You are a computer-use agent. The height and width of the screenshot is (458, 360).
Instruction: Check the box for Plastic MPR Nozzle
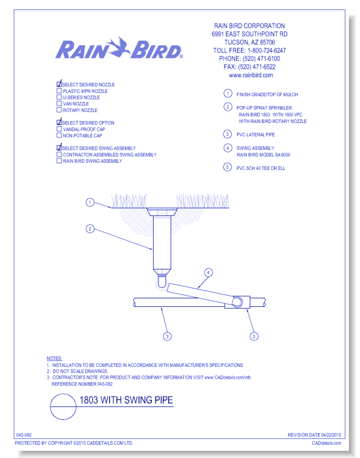(59, 91)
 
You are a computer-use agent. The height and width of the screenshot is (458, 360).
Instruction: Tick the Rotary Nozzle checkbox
(59, 110)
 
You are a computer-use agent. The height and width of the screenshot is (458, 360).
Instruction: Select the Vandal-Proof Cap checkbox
(59, 129)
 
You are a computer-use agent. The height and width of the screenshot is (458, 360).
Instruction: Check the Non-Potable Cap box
(59, 135)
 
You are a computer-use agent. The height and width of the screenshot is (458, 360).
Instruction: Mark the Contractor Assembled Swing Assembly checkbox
(59, 154)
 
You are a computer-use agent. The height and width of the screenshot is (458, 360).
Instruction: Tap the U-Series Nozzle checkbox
(59, 97)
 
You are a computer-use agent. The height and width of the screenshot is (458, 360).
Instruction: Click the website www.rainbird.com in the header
(251, 75)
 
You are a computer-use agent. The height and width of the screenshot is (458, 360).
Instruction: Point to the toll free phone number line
(249, 50)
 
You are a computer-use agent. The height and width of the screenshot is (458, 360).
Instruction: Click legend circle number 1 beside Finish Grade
(228, 94)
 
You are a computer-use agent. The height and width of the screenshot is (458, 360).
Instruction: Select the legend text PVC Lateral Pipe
(256, 135)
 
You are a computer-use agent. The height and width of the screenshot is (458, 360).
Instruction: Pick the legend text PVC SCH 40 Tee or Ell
(261, 168)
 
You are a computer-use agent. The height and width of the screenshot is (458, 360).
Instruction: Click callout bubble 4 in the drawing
(208, 273)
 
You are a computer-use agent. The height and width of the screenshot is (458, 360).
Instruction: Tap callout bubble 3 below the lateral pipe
(167, 336)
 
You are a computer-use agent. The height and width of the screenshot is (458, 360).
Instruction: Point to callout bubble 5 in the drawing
(254, 336)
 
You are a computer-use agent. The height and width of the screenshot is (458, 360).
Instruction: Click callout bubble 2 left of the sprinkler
(90, 229)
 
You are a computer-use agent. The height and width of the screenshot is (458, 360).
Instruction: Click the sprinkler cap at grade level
(162, 212)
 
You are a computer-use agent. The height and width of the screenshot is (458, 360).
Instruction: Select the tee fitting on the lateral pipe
(237, 302)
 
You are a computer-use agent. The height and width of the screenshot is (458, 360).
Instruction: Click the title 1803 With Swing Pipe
(126, 400)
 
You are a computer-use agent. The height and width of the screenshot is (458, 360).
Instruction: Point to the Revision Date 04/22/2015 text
(314, 435)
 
